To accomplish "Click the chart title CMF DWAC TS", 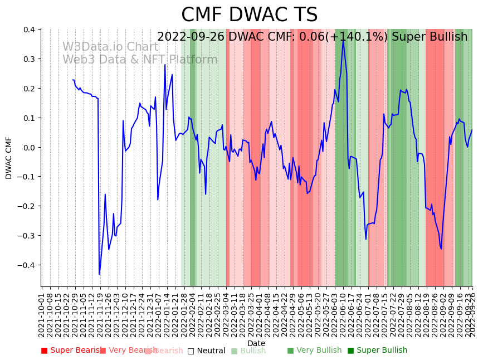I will click(x=249, y=15).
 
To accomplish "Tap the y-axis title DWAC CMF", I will click(x=9, y=158).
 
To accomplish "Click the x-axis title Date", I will click(x=256, y=343).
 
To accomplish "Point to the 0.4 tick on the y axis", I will click(x=28, y=30).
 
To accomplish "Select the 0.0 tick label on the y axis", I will click(x=28, y=147).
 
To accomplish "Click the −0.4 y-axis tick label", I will click(x=26, y=265).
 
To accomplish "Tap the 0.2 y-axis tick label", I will click(x=28, y=89).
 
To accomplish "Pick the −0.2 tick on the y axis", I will click(x=26, y=206).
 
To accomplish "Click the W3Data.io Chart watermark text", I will click(x=110, y=47).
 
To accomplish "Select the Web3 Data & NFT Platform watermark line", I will click(x=140, y=60).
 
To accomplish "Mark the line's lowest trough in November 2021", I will click(x=99, y=274).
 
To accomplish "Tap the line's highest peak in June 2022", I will click(x=343, y=40).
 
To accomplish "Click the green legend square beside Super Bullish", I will click(x=351, y=351).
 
